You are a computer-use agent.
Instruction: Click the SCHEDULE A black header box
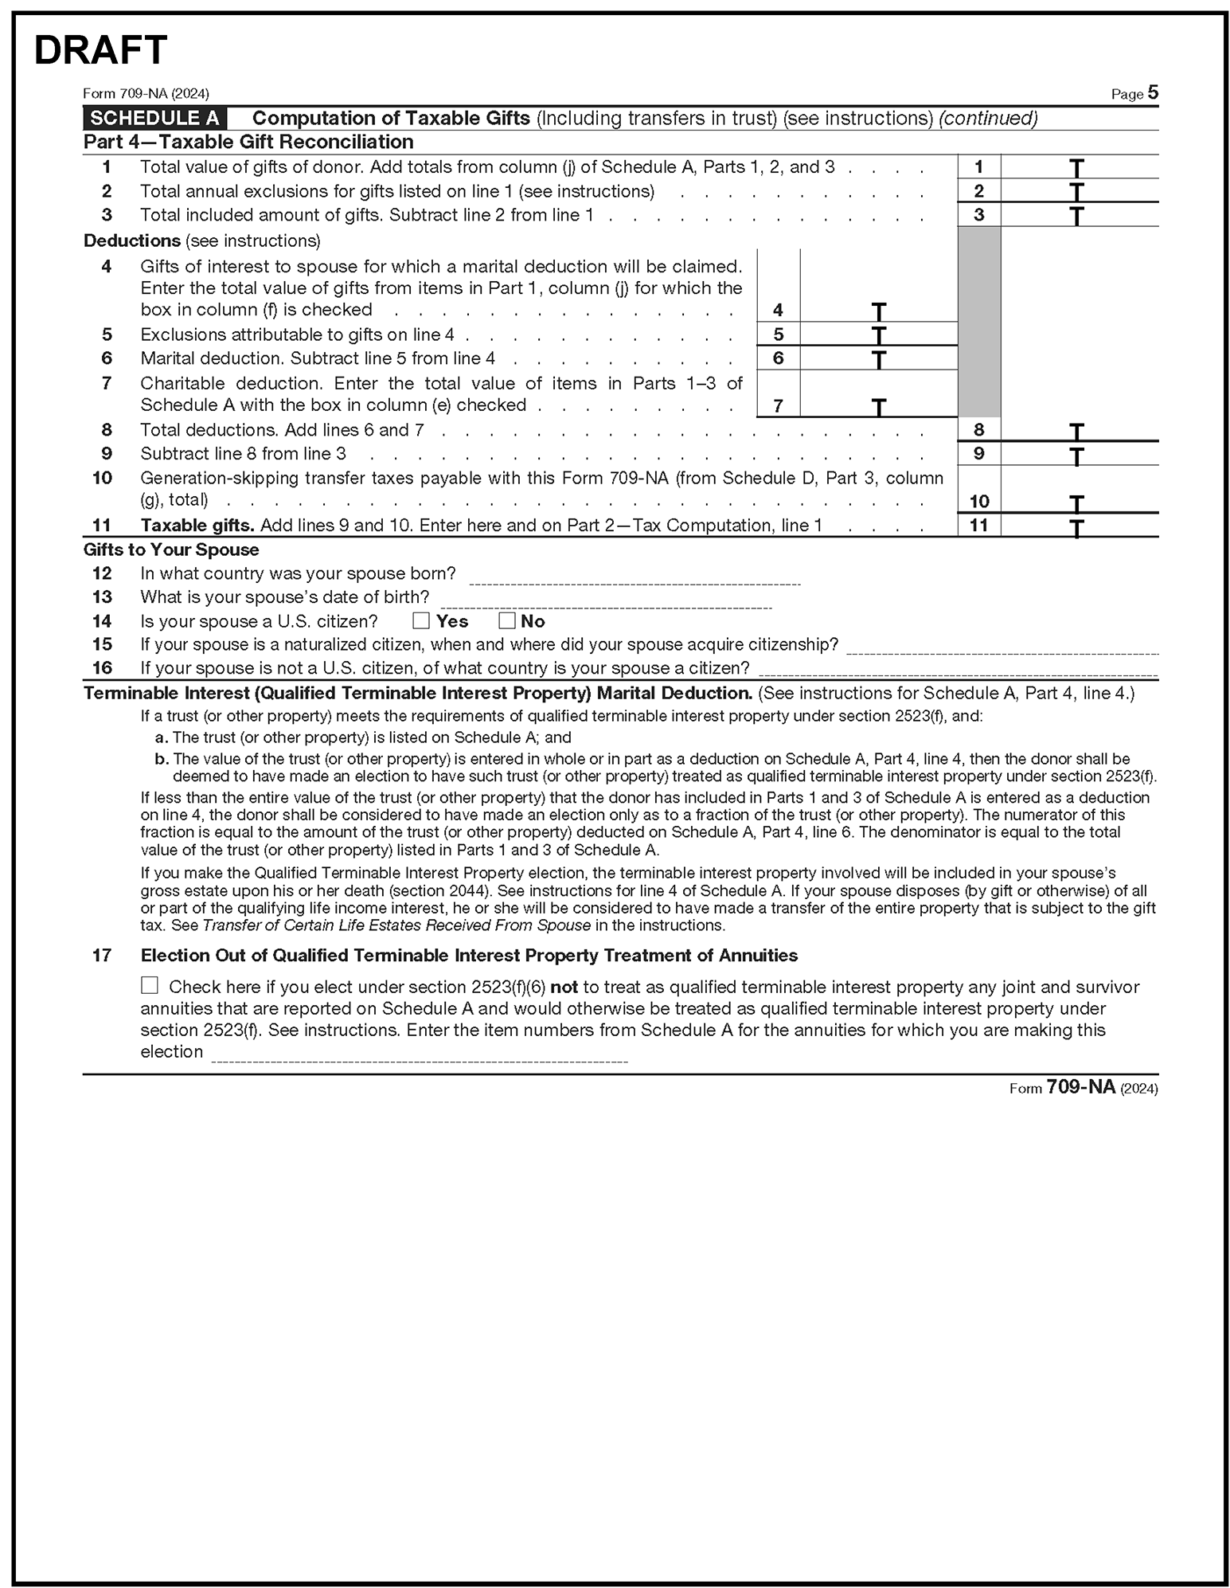(154, 119)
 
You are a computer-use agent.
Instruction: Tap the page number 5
(1153, 93)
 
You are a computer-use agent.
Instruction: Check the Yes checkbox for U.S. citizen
(421, 620)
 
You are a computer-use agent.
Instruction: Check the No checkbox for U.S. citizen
(506, 620)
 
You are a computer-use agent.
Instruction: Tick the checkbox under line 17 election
(150, 986)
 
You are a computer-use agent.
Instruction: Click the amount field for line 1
(1079, 167)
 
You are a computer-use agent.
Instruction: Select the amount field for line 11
(1079, 526)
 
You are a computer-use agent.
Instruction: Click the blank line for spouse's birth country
(635, 578)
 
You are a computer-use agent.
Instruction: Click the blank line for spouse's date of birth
(606, 602)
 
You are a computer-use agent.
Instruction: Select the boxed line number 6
(778, 358)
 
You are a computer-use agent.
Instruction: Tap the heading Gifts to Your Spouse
(171, 550)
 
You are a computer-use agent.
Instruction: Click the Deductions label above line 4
(132, 241)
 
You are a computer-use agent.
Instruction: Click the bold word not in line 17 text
(564, 988)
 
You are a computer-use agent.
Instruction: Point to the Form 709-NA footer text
(1083, 1088)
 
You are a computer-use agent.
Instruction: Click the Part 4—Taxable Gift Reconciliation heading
(248, 143)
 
